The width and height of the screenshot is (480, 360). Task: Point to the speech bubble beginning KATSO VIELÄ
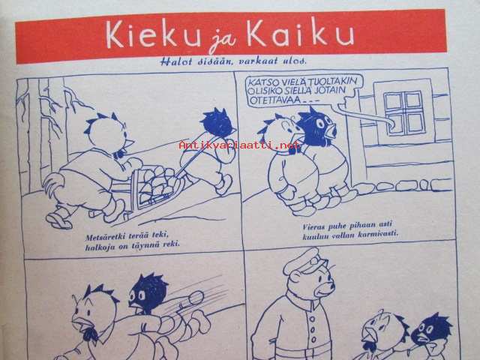point(304,91)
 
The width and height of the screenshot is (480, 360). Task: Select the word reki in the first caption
point(171,244)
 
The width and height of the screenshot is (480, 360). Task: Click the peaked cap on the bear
point(306,261)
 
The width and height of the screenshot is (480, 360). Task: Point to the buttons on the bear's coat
point(312,330)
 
